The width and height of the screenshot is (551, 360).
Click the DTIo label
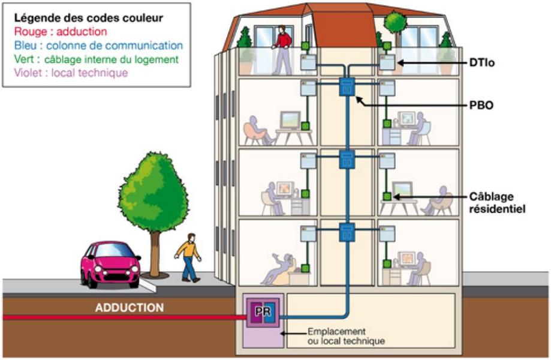click(482, 63)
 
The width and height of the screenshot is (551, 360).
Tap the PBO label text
click(481, 105)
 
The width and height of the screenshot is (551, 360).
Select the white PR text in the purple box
click(263, 311)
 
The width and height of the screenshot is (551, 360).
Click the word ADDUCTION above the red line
click(130, 308)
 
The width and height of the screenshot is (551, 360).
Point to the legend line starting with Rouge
click(61, 32)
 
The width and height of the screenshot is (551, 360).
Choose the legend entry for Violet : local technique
click(71, 73)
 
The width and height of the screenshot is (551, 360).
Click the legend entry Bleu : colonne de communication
click(98, 46)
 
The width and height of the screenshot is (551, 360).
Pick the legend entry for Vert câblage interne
click(97, 59)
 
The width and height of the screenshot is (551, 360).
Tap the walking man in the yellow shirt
click(188, 257)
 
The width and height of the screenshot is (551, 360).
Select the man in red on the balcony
click(282, 50)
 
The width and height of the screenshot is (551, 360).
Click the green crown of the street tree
click(153, 191)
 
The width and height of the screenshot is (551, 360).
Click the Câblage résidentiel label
click(497, 203)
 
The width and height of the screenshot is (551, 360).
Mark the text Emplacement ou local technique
click(346, 336)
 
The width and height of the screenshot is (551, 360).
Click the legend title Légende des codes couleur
click(89, 18)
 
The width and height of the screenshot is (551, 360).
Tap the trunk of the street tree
click(154, 254)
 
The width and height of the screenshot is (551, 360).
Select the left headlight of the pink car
click(98, 269)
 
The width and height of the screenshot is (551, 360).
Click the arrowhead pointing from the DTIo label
click(401, 63)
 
